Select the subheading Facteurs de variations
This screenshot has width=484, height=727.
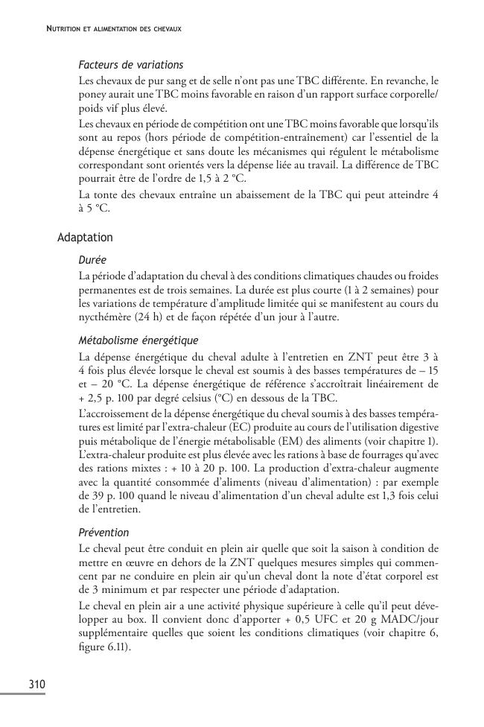pos(130,65)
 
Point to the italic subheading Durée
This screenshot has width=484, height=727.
pos(92,261)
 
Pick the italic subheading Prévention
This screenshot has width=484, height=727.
pos(104,533)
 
